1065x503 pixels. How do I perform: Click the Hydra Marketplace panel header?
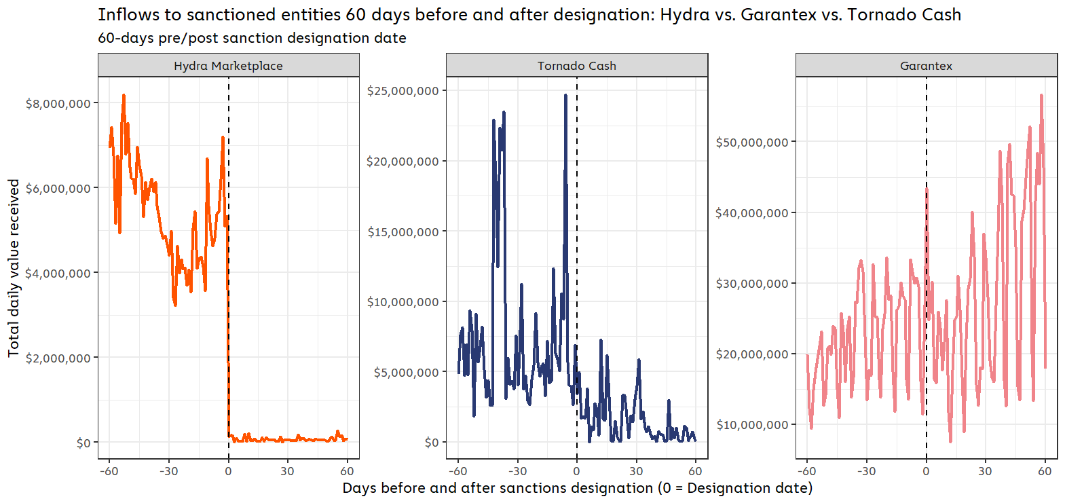coord(228,66)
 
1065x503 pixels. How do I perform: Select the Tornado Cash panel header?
coord(576,66)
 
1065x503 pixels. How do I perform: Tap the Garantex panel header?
coord(926,66)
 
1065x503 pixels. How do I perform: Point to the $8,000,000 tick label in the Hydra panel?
coord(58,104)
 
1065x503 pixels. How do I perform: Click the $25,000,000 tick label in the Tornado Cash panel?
coord(403,91)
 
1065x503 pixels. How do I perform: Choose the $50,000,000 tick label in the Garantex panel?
coord(751,143)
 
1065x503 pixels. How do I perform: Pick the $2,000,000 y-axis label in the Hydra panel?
coord(58,358)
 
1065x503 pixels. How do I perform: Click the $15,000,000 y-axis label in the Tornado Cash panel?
coord(403,232)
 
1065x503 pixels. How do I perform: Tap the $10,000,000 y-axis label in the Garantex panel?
coord(751,425)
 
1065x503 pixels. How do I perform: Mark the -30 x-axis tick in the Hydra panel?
coord(168,471)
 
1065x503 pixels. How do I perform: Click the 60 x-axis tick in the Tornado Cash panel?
coord(695,471)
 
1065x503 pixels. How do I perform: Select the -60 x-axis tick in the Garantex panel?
coord(806,471)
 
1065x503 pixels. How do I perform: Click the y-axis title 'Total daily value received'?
coord(14,268)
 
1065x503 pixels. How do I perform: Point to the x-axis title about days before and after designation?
coord(577,488)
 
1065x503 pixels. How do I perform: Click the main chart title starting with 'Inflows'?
coord(529,15)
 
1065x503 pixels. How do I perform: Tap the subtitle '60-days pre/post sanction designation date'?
coord(252,38)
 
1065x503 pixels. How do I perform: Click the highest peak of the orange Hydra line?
coord(124,96)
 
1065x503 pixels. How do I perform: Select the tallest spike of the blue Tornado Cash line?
coord(565,96)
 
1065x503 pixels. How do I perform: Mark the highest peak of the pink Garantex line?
coord(1041,96)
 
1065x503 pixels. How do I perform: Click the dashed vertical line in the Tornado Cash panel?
coord(577,204)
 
